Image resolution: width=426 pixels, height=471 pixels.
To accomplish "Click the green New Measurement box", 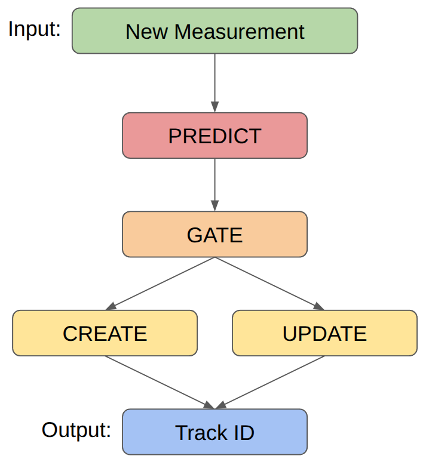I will pyautogui.click(x=214, y=31).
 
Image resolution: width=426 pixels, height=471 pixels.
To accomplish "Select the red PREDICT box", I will pyautogui.click(x=214, y=136).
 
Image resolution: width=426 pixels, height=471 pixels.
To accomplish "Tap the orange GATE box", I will pyautogui.click(x=214, y=235).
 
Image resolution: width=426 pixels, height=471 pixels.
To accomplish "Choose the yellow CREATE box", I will pyautogui.click(x=105, y=333).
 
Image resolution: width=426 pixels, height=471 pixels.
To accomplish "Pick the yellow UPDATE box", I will pyautogui.click(x=324, y=333).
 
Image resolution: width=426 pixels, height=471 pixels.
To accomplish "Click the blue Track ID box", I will pyautogui.click(x=214, y=432).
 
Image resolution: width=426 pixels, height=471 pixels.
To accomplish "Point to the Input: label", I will pyautogui.click(x=35, y=29).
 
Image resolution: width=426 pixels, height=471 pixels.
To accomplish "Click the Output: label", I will pyautogui.click(x=76, y=429).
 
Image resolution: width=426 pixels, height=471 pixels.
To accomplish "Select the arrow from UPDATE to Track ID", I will pyautogui.click(x=270, y=382).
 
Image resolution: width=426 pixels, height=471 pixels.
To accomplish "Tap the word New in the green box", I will pyautogui.click(x=146, y=31).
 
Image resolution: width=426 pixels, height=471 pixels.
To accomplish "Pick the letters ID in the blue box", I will pyautogui.click(x=244, y=432).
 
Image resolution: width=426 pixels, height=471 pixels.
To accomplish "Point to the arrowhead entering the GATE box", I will pyautogui.click(x=214, y=207).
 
